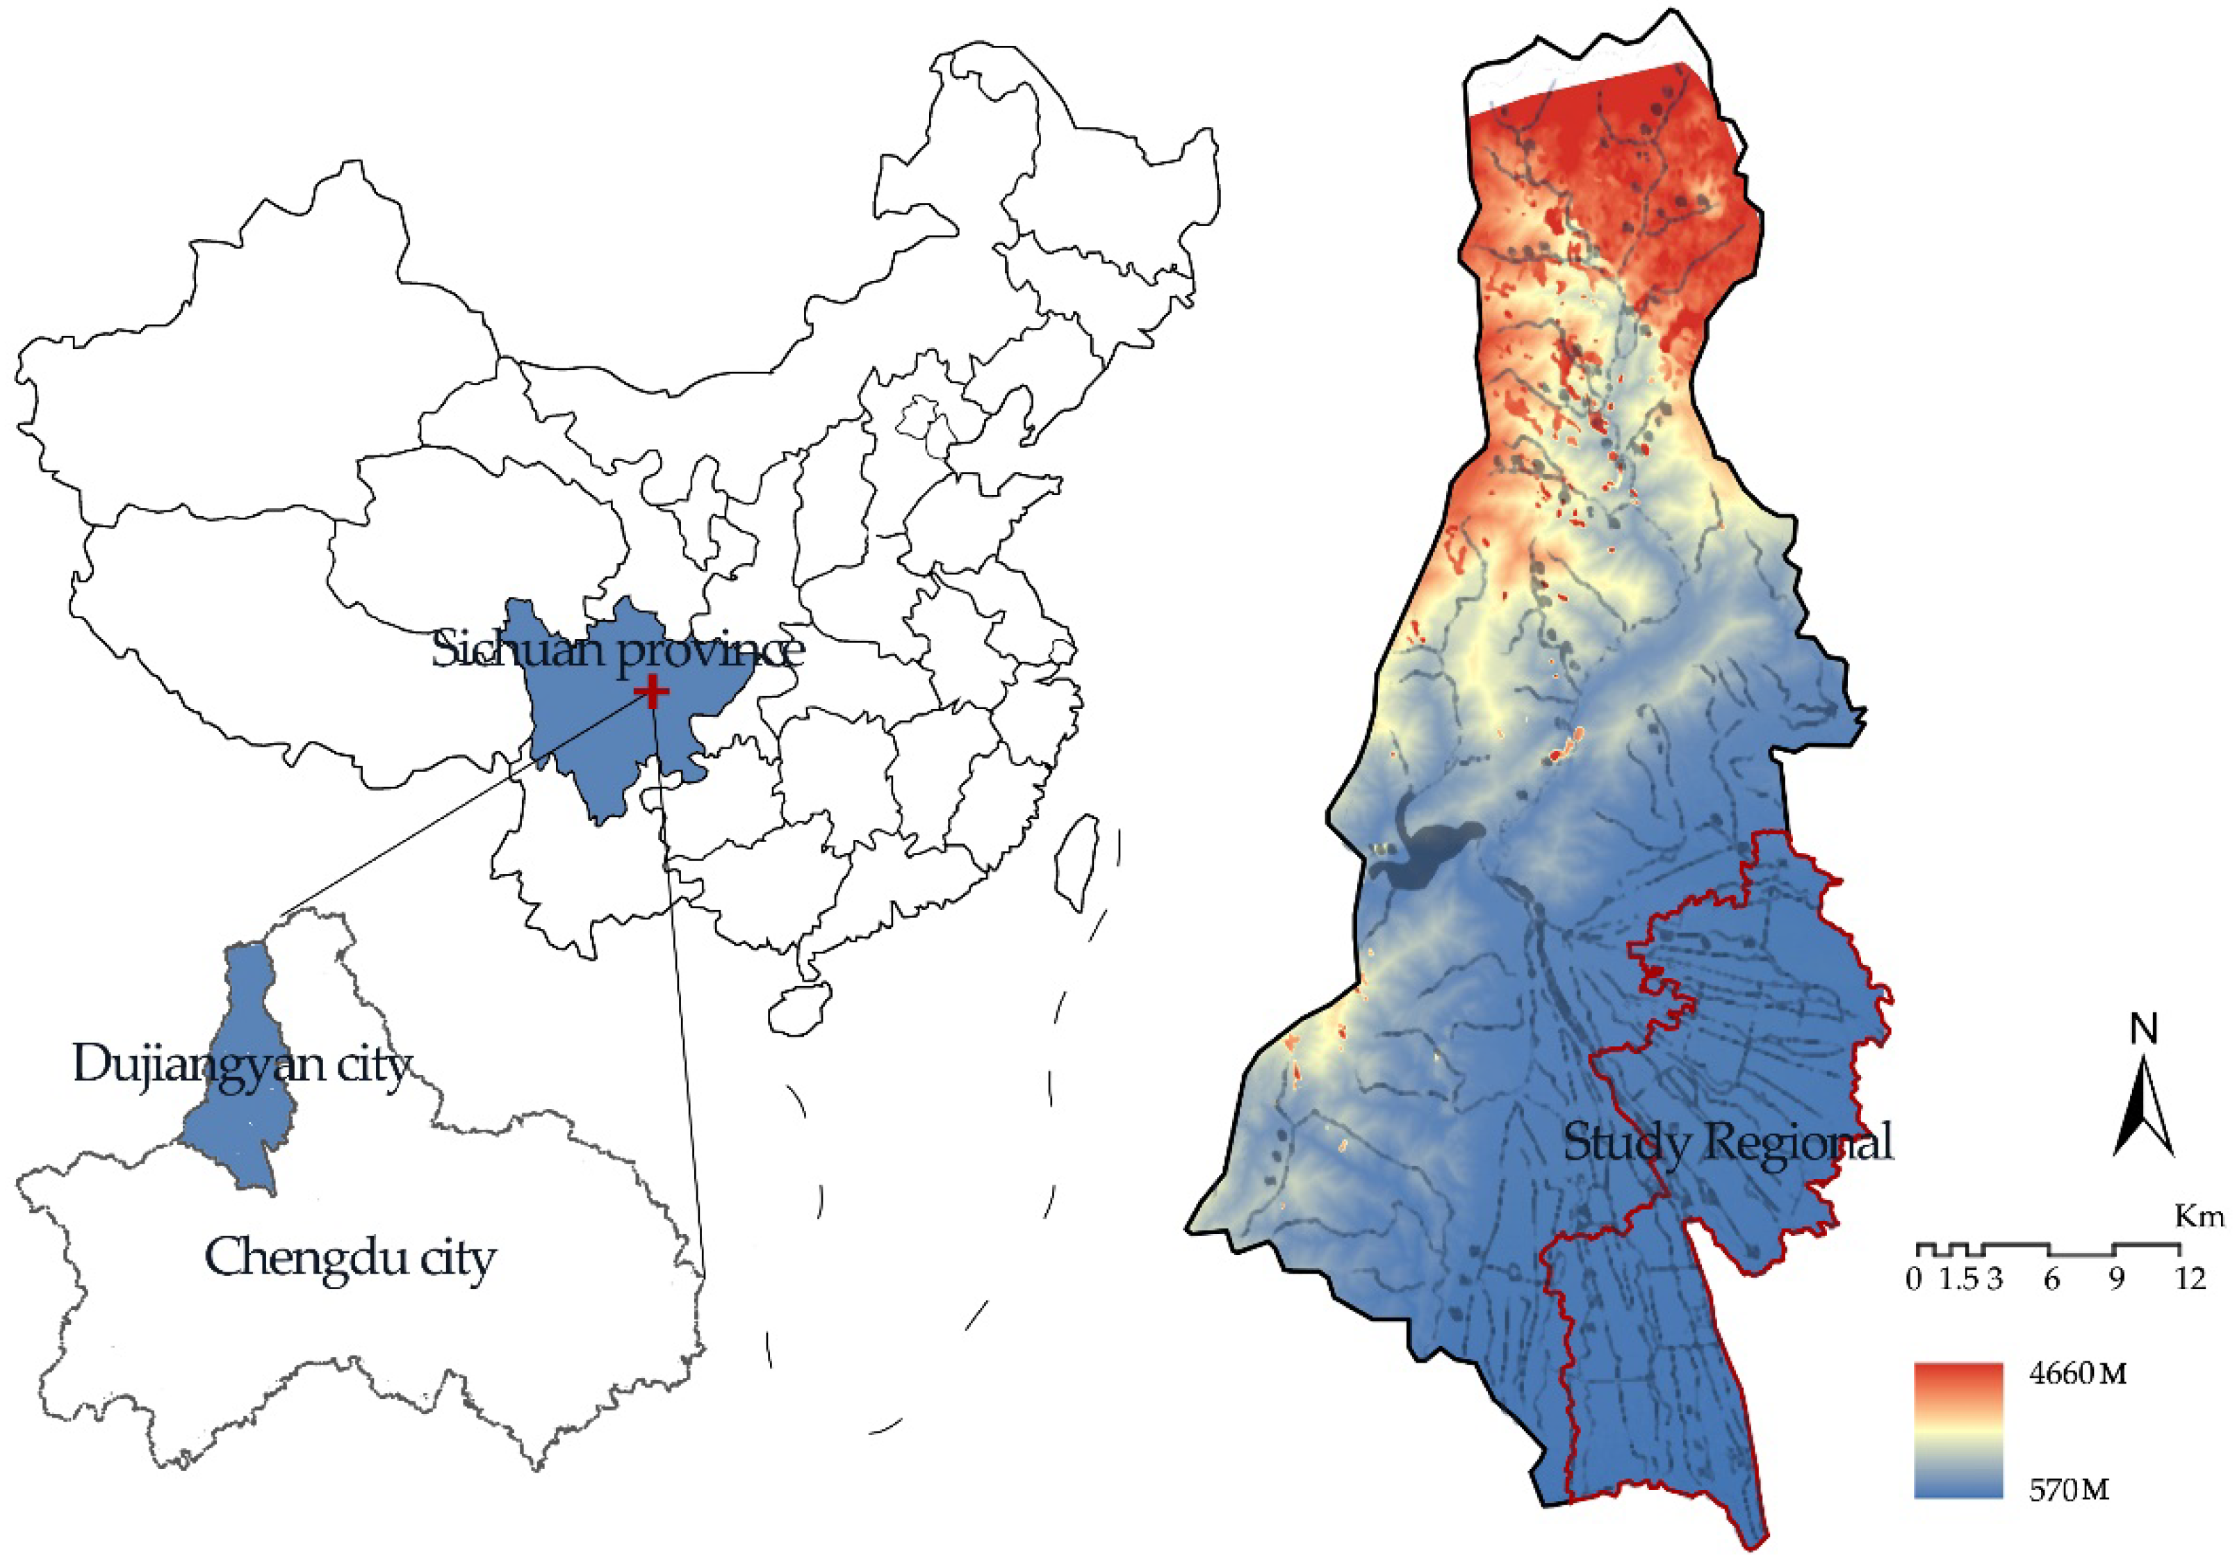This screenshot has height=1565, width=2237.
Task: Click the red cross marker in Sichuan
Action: (x=652, y=693)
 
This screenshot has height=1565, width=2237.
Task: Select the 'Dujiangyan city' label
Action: (x=242, y=1064)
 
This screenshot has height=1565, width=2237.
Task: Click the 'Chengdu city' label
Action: (x=350, y=1258)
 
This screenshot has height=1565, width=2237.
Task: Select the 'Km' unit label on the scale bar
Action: (x=2199, y=1217)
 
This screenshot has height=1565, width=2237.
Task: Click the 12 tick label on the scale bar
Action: (x=2189, y=1279)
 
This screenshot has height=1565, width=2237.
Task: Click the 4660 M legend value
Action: (x=2077, y=1374)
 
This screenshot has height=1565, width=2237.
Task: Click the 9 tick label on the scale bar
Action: (x=2115, y=1279)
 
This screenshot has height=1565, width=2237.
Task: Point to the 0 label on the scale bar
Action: (x=1915, y=1279)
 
